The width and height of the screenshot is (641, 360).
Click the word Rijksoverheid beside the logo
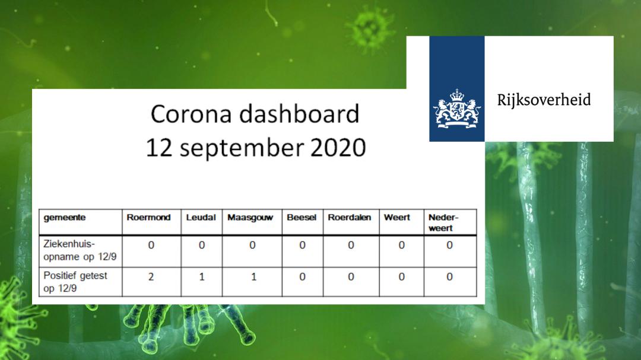click(544, 100)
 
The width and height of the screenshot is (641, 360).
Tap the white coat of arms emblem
click(457, 109)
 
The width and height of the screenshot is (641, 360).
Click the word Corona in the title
click(192, 114)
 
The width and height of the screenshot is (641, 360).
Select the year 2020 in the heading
click(338, 148)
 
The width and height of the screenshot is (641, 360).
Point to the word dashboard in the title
click(299, 113)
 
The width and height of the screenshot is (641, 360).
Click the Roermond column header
click(148, 218)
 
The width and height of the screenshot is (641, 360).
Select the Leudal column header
click(201, 218)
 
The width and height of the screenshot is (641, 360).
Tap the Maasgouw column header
click(250, 218)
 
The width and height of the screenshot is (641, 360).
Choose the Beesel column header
click(302, 218)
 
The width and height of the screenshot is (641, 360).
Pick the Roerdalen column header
click(350, 218)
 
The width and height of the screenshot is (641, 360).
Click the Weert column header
click(397, 218)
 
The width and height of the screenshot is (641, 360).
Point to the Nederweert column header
click(443, 222)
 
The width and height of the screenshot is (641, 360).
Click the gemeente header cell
click(65, 218)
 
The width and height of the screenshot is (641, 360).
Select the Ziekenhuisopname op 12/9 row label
click(80, 250)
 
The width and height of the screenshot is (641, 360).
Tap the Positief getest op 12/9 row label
click(75, 282)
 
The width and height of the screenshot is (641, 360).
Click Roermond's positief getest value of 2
click(151, 277)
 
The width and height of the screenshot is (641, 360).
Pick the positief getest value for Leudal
click(202, 277)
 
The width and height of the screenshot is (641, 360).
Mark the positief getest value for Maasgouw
click(254, 277)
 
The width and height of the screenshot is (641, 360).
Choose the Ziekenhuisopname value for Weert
click(401, 245)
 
